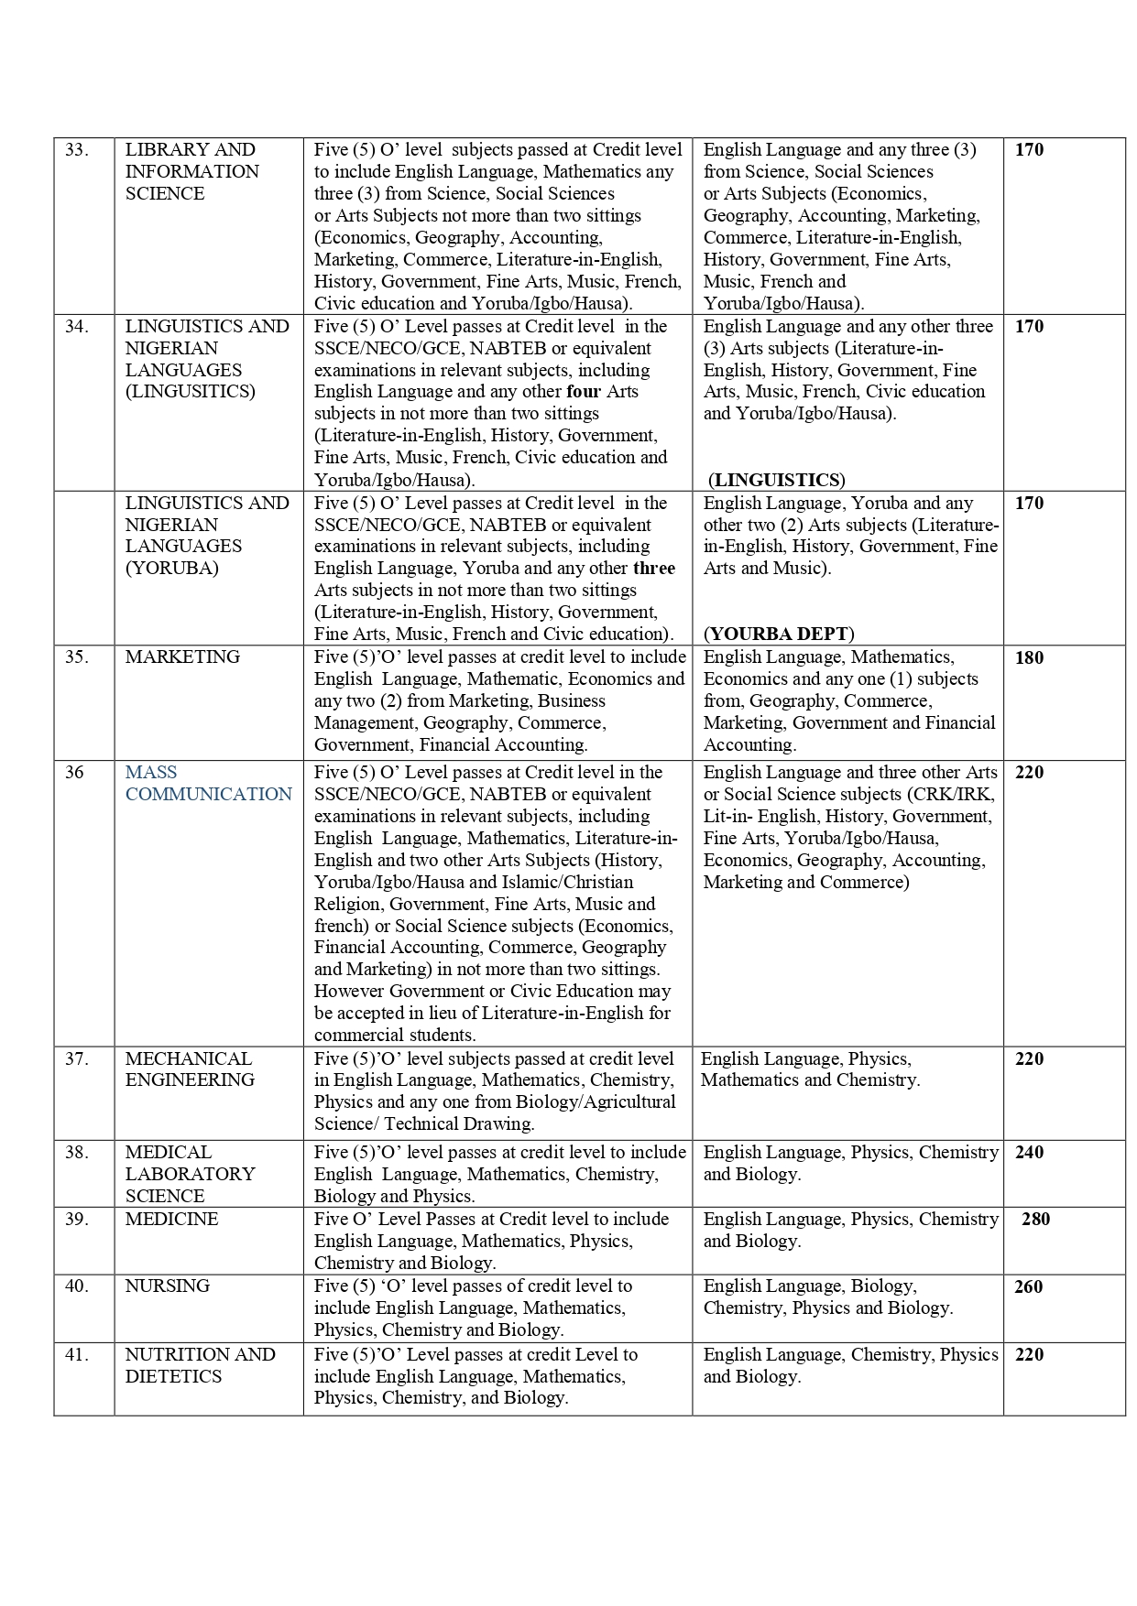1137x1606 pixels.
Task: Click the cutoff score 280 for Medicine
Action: click(x=1035, y=1219)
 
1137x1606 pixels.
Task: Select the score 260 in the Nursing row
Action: click(x=1028, y=1286)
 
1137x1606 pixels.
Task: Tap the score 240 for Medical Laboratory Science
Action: click(x=1029, y=1152)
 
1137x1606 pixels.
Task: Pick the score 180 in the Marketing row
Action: click(x=1029, y=657)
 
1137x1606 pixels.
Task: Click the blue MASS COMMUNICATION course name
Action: click(x=208, y=783)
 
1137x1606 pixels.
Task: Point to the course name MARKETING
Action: click(x=182, y=657)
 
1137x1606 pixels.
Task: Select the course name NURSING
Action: click(x=167, y=1286)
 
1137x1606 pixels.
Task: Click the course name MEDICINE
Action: click(x=171, y=1219)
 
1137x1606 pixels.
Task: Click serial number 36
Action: click(x=74, y=772)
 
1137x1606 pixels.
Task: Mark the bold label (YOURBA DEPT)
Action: click(x=778, y=634)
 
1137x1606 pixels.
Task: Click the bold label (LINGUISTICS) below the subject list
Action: click(x=777, y=480)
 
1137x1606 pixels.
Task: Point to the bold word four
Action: click(x=584, y=392)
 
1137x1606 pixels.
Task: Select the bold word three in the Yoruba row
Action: click(x=653, y=568)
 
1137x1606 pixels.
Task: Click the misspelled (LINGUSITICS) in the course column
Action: click(x=190, y=392)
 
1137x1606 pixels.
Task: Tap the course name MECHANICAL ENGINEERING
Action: click(x=190, y=1069)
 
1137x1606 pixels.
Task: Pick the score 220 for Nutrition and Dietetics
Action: click(x=1029, y=1354)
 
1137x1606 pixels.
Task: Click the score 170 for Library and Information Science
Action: click(x=1029, y=149)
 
